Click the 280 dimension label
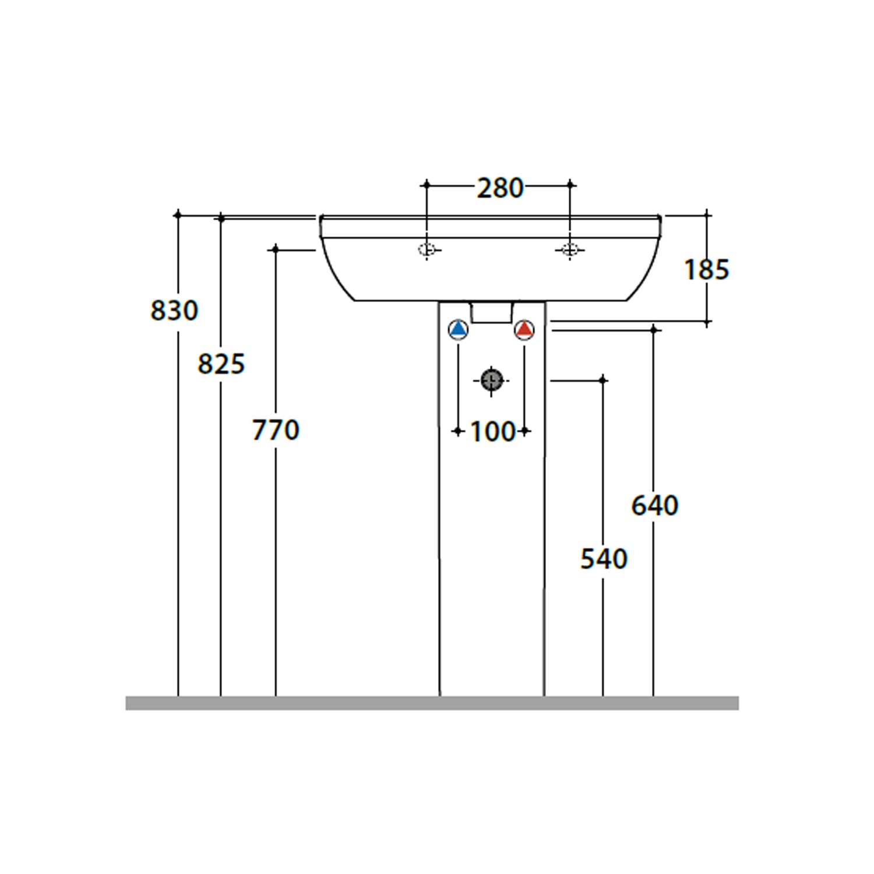coord(500,188)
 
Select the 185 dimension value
coord(706,270)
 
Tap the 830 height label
coord(174,310)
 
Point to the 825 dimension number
coord(221,364)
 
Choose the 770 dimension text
coord(276,430)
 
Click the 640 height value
coord(655,505)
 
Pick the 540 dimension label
coord(604,559)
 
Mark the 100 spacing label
coord(492,432)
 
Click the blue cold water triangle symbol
coord(459,330)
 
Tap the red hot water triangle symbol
coord(524,330)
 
